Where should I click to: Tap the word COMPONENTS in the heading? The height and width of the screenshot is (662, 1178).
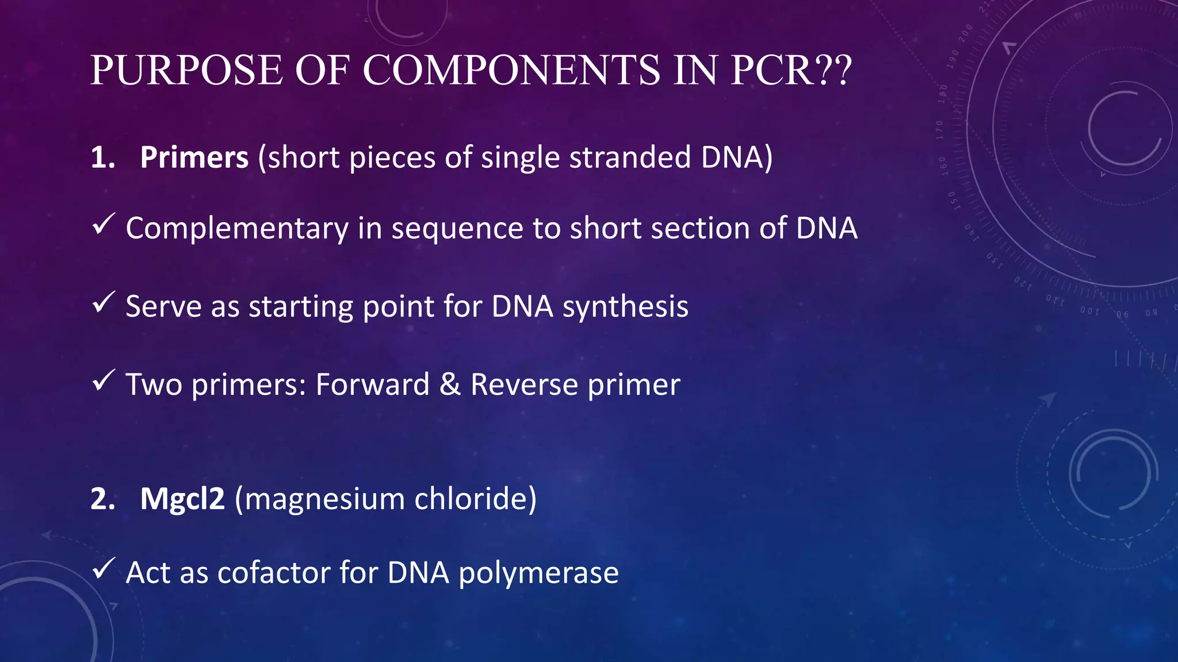512,71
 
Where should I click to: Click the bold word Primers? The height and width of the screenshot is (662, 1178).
194,157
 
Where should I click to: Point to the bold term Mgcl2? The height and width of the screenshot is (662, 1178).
182,498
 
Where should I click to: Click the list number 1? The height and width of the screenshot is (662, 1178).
102,157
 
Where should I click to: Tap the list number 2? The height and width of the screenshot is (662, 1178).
102,498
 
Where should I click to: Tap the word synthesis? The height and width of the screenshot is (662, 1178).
625,306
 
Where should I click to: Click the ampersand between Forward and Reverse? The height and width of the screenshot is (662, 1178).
450,384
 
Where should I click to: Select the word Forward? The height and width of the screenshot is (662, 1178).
372,384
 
